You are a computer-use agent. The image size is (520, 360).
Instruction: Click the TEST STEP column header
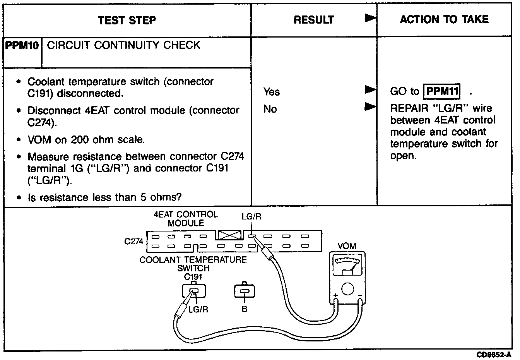[127, 20]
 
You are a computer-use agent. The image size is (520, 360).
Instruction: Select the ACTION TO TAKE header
[444, 19]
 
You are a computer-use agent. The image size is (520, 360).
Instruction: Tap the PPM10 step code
[22, 45]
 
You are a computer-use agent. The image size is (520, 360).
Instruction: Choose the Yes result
[271, 92]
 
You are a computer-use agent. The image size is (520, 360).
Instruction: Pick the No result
[270, 109]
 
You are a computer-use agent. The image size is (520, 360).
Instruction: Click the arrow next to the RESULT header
[370, 19]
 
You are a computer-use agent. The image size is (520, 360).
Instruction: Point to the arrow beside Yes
[370, 90]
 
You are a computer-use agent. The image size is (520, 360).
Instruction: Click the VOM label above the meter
[347, 246]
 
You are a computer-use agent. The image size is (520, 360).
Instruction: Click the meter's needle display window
[347, 267]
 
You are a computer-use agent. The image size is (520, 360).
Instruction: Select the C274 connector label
[134, 242]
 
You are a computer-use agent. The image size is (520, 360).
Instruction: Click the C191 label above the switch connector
[193, 277]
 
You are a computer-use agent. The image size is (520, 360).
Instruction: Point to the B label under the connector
[244, 309]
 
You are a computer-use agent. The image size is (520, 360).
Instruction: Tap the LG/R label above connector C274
[251, 217]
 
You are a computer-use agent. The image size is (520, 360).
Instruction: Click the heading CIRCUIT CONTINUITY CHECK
[123, 45]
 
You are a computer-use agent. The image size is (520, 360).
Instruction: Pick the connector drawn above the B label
[245, 291]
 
